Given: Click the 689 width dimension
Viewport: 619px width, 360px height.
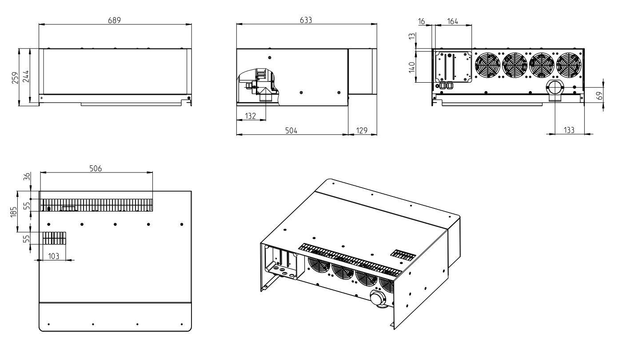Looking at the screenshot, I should pos(115,20).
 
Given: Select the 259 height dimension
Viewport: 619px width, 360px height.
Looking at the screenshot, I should pos(15,77).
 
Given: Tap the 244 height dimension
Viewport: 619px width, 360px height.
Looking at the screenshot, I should pos(25,77).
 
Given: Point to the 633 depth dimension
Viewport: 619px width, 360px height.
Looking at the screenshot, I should pos(306,20).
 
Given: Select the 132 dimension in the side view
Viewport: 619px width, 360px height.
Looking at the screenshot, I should pos(251,116).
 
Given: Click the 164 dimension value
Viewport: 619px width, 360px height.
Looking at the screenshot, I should pos(452,21).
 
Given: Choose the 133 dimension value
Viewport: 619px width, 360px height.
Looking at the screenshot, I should pos(569,130).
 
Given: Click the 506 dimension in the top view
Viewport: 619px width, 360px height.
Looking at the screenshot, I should pos(96,168).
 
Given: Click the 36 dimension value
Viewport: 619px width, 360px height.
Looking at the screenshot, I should pos(26,176).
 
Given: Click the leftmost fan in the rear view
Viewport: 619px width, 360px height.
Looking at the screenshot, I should pos(487,65).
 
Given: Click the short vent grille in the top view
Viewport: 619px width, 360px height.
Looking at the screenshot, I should pos(54,238).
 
